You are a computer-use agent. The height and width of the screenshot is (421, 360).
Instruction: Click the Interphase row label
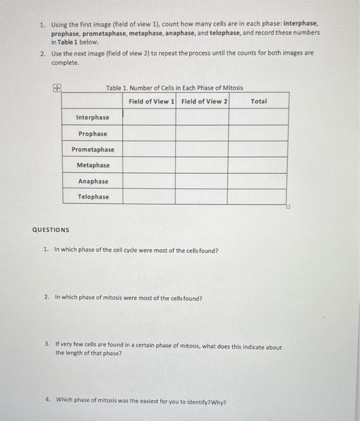pyautogui.click(x=93, y=117)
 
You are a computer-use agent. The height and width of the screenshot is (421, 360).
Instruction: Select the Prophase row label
pyautogui.click(x=93, y=134)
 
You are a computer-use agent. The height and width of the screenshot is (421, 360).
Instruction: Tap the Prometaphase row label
pyautogui.click(x=93, y=149)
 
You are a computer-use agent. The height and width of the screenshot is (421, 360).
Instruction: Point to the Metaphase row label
pyautogui.click(x=93, y=165)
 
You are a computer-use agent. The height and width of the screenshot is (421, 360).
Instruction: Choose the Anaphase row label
pyautogui.click(x=93, y=181)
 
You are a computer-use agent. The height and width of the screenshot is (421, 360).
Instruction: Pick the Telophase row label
pyautogui.click(x=93, y=197)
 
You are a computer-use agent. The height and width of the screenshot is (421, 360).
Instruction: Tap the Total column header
pyautogui.click(x=258, y=101)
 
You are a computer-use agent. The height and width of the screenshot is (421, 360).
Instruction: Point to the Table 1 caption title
pyautogui.click(x=174, y=88)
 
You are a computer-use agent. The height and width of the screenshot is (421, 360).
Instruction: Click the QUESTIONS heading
pyautogui.click(x=50, y=230)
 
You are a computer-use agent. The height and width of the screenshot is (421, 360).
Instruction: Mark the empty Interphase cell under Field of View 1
pyautogui.click(x=150, y=117)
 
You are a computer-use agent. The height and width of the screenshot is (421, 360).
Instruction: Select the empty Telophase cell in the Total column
pyautogui.click(x=258, y=197)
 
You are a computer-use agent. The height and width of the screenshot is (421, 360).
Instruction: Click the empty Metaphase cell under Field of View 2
pyautogui.click(x=203, y=165)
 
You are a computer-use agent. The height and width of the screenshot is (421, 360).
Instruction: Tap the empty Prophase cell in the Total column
pyautogui.click(x=258, y=134)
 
